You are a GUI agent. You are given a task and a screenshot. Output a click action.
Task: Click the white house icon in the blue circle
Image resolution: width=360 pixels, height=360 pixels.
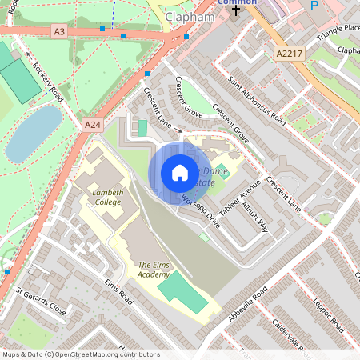(x=179, y=173)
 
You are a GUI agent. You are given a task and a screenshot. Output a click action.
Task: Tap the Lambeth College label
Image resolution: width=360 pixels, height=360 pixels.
(x=104, y=197)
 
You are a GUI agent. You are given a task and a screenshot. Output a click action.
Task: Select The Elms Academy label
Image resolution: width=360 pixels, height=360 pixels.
(x=154, y=270)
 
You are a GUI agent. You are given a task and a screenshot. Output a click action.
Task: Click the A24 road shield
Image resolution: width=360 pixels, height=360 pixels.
(x=93, y=125)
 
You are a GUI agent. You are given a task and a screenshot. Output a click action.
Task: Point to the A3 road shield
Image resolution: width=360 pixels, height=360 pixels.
(x=58, y=31)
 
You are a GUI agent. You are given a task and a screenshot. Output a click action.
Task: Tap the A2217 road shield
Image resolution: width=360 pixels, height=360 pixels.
(x=290, y=54)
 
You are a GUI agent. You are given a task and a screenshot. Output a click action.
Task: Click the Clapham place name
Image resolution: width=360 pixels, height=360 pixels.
(x=190, y=17)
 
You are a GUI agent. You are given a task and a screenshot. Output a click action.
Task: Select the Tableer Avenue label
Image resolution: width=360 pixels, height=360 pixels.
(x=235, y=197)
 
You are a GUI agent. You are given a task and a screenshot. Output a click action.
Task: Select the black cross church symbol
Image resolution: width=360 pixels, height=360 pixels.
(x=236, y=12)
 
